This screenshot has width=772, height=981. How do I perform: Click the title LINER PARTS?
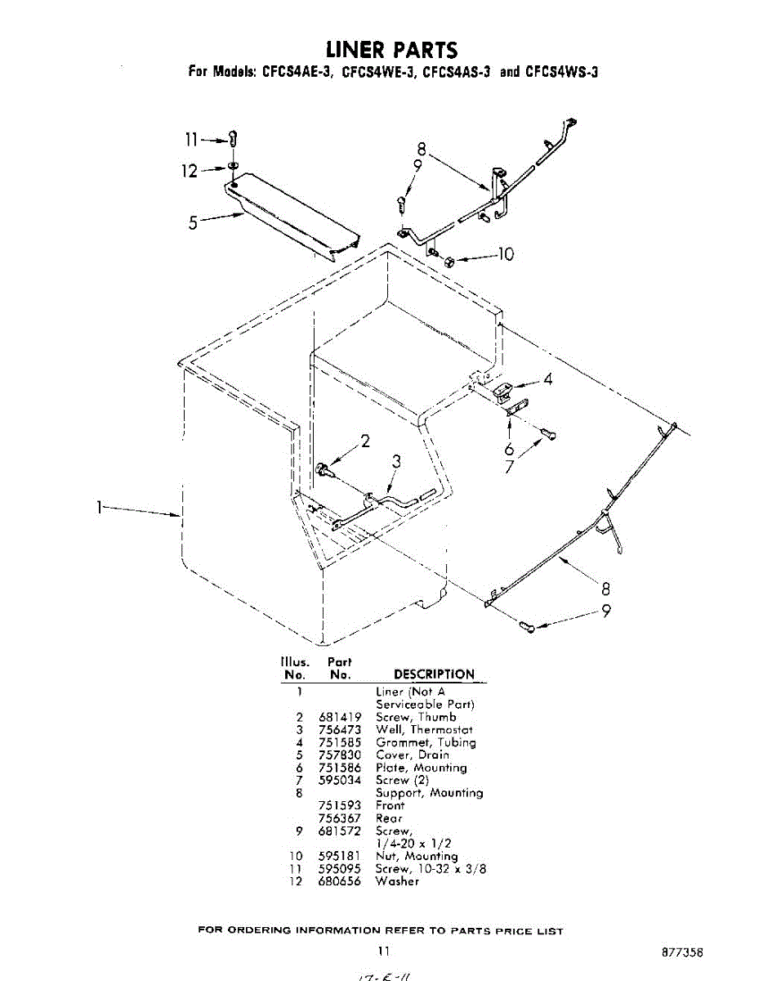click(392, 51)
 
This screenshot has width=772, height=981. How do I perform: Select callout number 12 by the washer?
click(189, 171)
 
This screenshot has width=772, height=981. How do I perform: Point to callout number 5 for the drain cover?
click(194, 222)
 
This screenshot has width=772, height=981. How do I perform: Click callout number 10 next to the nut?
click(506, 254)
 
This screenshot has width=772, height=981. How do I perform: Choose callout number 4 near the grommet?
click(548, 379)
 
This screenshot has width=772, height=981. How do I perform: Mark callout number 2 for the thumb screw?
click(365, 441)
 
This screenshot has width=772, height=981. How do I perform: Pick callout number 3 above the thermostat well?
click(395, 462)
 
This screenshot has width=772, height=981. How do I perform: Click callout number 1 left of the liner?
click(100, 508)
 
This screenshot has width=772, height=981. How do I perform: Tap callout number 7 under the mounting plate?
click(509, 467)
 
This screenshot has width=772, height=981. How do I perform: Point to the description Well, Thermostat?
click(424, 729)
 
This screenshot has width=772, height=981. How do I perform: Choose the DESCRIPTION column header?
click(434, 674)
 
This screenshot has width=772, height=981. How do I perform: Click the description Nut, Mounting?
click(417, 856)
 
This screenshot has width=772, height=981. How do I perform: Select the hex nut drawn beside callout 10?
click(449, 261)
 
